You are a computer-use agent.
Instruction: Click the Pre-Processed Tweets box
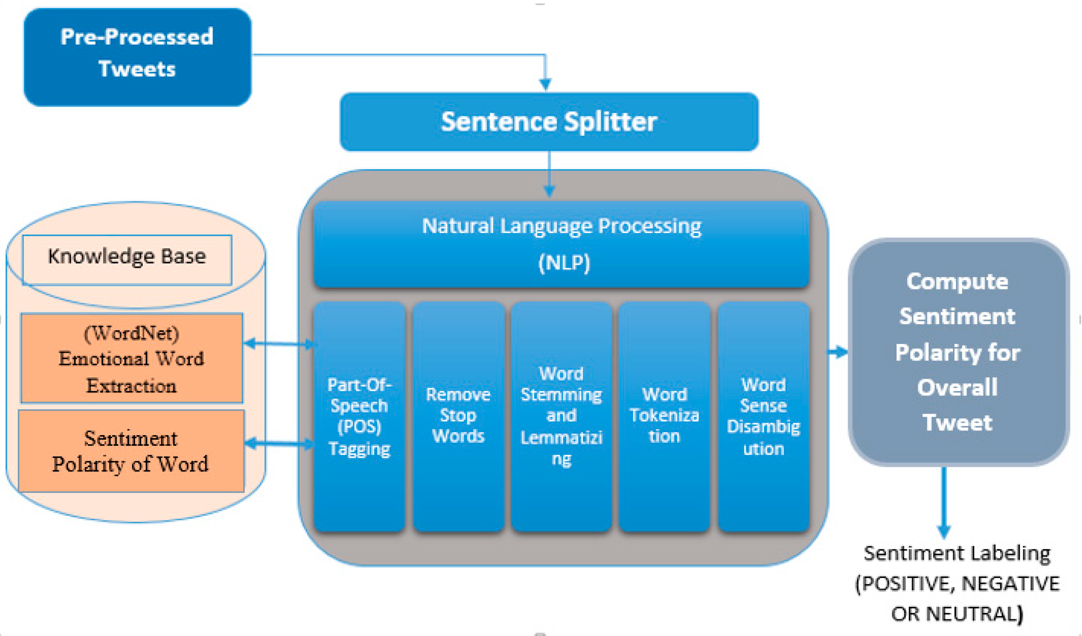(138, 57)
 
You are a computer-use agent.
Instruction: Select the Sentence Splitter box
(549, 122)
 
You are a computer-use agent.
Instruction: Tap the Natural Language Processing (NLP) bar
(561, 244)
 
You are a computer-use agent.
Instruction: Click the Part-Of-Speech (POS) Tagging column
(359, 416)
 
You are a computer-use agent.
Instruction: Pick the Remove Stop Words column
(458, 416)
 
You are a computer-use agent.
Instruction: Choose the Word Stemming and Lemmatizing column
(561, 416)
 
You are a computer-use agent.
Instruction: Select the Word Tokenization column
(664, 416)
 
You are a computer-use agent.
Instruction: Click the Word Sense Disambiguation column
(764, 416)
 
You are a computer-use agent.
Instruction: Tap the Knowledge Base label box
(127, 260)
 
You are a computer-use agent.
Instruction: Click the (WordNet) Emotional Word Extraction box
(132, 358)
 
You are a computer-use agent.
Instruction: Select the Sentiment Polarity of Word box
(131, 451)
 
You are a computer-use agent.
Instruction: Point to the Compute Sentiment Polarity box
(958, 352)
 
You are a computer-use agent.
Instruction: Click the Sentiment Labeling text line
(957, 553)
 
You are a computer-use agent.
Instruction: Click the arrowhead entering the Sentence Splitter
(545, 84)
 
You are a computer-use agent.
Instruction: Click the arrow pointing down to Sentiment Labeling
(943, 502)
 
